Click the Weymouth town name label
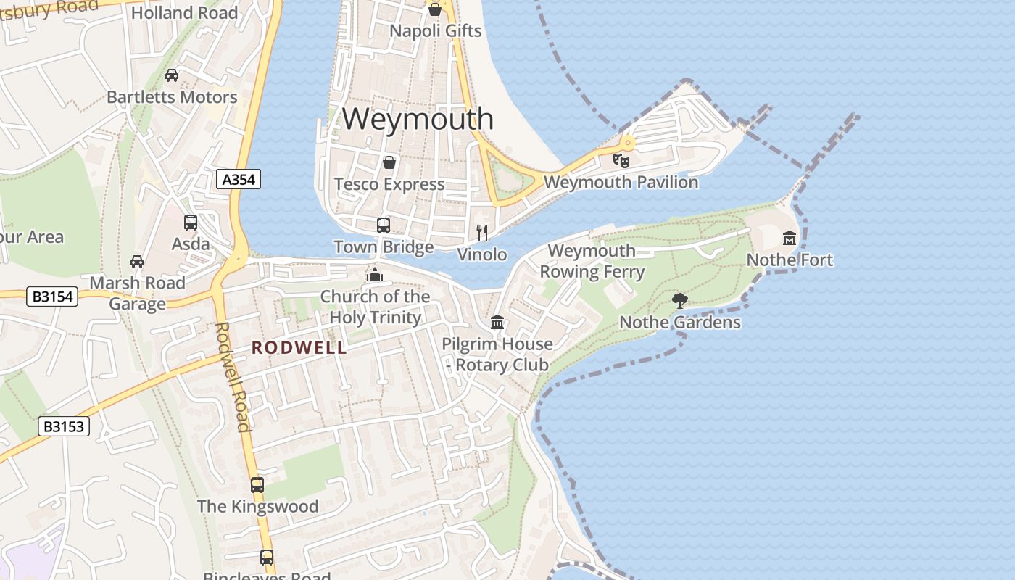pos(418,118)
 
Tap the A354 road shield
pos(238,179)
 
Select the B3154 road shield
pos(51,296)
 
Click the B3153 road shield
pos(64,426)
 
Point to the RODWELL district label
pos(299,348)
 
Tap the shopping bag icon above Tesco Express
pos(389,162)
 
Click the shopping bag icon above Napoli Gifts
pos(435,9)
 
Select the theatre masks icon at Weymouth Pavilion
pos(621,160)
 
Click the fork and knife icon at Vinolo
pos(482,233)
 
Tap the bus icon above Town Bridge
pos(384,225)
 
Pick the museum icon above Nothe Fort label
pos(790,238)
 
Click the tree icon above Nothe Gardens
pos(679,300)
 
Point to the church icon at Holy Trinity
pos(375,275)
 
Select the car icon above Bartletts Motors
pos(172,75)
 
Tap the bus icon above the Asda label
pos(191,223)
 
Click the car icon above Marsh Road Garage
pos(136,261)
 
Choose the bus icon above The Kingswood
pos(257,485)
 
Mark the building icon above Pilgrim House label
pos(497,322)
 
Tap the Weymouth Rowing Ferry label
pos(592,261)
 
